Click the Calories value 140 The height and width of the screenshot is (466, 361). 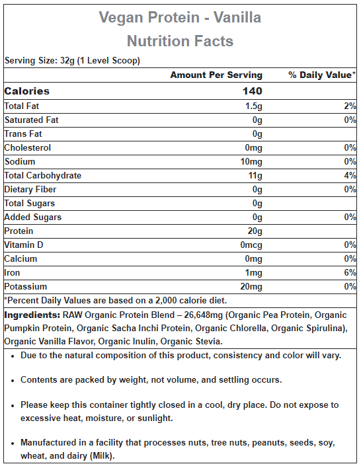tap(252, 91)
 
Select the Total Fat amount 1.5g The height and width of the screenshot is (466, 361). tap(254, 106)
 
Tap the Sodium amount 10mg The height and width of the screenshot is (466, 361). tap(251, 162)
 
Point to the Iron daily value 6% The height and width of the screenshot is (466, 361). tap(350, 272)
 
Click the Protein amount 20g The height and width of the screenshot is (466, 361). tap(255, 231)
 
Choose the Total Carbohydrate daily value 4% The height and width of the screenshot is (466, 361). tap(350, 175)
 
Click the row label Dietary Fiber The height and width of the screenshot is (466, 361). tap(30, 189)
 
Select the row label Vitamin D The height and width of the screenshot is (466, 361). tap(24, 245)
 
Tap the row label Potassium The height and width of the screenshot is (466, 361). tap(26, 286)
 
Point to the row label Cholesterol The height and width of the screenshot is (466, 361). tap(28, 147)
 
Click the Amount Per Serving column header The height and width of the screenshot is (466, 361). tap(216, 75)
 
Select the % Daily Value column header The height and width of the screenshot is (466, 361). tap(322, 75)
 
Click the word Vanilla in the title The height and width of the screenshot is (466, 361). tap(237, 17)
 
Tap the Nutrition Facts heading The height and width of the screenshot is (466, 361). tap(180, 41)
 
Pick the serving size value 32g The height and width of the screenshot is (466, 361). tap(67, 61)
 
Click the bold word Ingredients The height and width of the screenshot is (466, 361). tap(32, 315)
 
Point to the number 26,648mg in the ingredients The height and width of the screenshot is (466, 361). tap(204, 315)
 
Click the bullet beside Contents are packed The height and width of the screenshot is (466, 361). tap(13, 381)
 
